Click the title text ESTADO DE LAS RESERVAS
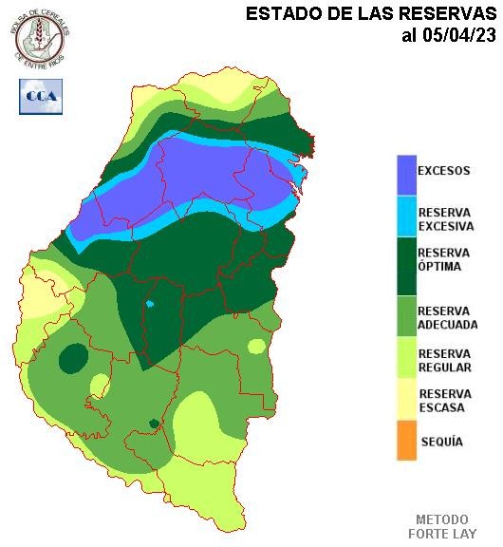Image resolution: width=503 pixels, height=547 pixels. (371, 14)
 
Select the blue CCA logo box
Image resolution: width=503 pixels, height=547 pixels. (39, 96)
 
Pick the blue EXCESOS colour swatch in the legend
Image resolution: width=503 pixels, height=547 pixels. (406, 174)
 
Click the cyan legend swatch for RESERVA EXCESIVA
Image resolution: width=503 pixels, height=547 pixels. (406, 217)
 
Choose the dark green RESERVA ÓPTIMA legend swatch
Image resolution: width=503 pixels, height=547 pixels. (406, 266)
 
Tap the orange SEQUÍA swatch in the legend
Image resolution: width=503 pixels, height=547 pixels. (406, 443)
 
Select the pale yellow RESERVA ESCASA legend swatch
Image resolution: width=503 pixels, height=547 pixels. (406, 400)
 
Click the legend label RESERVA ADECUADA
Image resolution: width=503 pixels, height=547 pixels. (447, 318)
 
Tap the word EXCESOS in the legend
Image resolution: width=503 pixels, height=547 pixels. (443, 172)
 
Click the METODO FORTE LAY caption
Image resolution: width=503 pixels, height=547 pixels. (441, 526)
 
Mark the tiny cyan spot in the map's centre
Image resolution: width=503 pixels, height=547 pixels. (150, 304)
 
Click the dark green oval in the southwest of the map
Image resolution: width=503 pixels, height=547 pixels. (73, 359)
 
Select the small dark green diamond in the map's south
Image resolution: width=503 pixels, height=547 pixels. (154, 424)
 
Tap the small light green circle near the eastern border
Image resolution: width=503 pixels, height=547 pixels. (256, 346)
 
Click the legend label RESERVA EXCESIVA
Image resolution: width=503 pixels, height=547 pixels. (445, 218)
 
